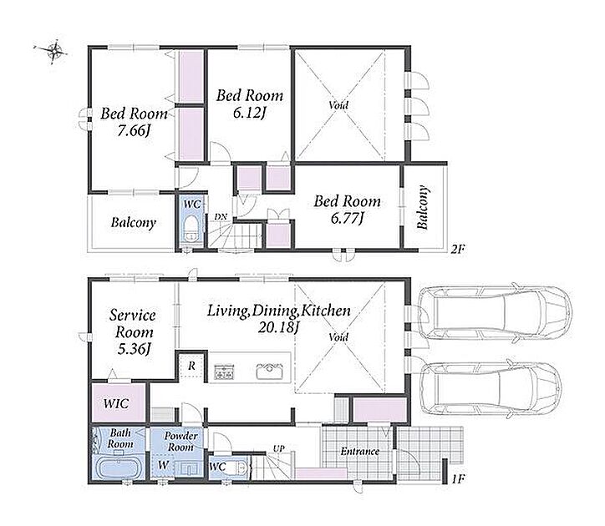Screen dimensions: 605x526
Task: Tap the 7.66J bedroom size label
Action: click(134, 131)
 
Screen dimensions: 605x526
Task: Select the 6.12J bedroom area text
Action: click(250, 113)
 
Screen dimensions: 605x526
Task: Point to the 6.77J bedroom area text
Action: click(348, 218)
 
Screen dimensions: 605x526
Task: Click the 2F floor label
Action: click(458, 250)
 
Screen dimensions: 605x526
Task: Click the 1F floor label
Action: click(458, 479)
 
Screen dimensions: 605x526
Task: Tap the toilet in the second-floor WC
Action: click(191, 229)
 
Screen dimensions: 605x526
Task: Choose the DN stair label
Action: click(221, 217)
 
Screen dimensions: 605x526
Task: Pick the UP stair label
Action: click(278, 449)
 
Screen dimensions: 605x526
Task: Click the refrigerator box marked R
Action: click(191, 367)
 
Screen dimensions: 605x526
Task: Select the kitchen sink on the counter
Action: click(269, 371)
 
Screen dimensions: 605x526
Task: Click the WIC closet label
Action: click(116, 404)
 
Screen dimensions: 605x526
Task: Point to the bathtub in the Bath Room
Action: click(119, 468)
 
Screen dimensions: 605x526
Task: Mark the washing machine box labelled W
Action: click(164, 465)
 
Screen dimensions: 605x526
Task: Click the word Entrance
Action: click(359, 451)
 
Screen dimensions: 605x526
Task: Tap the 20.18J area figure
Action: click(278, 328)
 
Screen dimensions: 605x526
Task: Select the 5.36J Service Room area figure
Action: click(134, 349)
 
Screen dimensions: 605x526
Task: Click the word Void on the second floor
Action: click(338, 105)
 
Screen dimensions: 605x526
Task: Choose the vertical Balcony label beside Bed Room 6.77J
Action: click(423, 208)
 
